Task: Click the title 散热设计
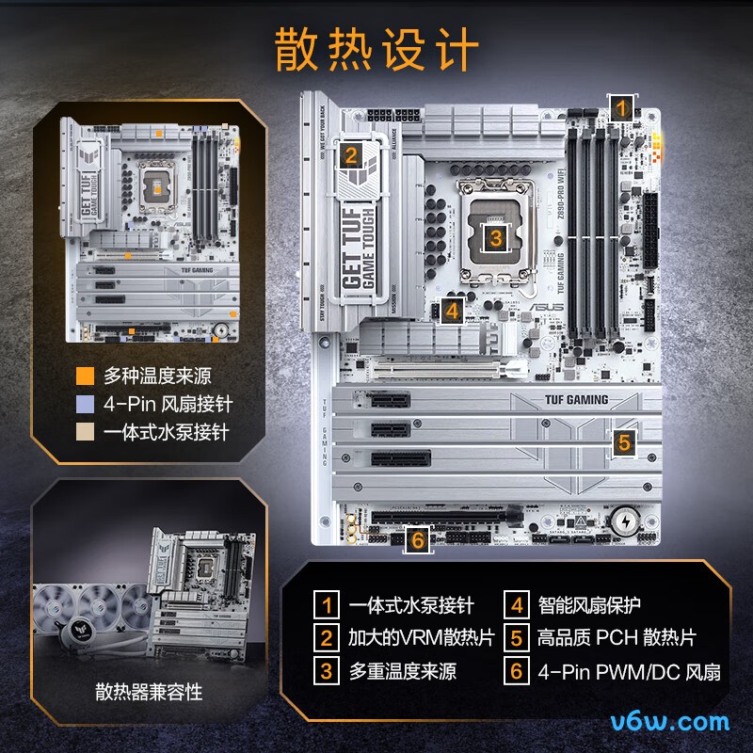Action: pos(376,49)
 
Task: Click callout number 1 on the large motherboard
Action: pos(620,107)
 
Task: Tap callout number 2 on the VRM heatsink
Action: pos(351,155)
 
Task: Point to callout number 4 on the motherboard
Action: pos(452,310)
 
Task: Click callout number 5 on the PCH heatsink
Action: pos(624,441)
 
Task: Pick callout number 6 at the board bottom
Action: pos(418,539)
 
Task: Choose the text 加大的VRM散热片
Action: pos(421,638)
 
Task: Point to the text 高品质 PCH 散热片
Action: pos(616,638)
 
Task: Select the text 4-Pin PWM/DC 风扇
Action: pos(628,672)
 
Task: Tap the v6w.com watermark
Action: pos(669,722)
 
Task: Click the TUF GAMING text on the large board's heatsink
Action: pos(575,399)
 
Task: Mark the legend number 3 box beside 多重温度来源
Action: pos(327,672)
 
